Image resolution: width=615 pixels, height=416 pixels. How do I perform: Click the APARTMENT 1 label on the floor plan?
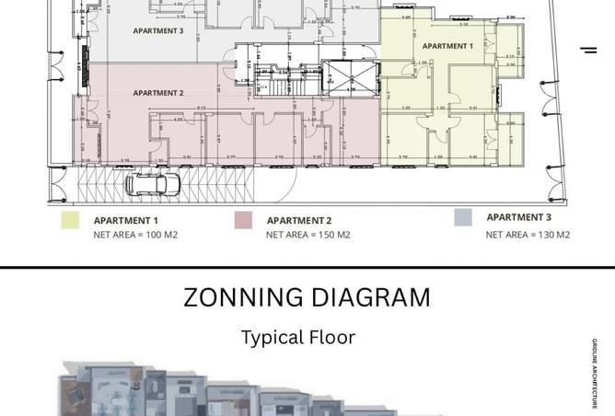[x=447, y=46]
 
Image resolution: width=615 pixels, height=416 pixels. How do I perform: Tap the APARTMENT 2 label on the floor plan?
[x=158, y=93]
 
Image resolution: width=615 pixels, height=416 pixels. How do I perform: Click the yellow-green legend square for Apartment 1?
[x=70, y=220]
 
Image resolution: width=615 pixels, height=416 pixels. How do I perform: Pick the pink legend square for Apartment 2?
[x=243, y=220]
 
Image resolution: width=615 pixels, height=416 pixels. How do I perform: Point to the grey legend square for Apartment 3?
[x=463, y=217]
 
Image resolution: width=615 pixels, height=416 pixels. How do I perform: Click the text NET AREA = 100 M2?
[x=135, y=235]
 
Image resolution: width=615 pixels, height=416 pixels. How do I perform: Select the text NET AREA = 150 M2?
[x=308, y=235]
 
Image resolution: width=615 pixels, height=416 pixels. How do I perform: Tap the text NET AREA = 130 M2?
[x=528, y=235]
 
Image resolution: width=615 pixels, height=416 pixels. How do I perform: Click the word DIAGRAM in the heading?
[x=376, y=297]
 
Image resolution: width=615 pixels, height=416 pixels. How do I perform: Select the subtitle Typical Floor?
[x=298, y=337]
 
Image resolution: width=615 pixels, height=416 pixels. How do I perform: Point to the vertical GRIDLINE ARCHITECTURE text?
[x=595, y=374]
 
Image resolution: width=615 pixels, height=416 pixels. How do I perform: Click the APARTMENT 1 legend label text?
[x=125, y=221]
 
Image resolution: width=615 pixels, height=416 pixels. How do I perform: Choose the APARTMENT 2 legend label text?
[x=299, y=221]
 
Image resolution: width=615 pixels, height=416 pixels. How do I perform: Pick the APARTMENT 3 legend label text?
[x=519, y=217]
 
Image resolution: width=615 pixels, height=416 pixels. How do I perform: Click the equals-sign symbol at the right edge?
[x=588, y=50]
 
